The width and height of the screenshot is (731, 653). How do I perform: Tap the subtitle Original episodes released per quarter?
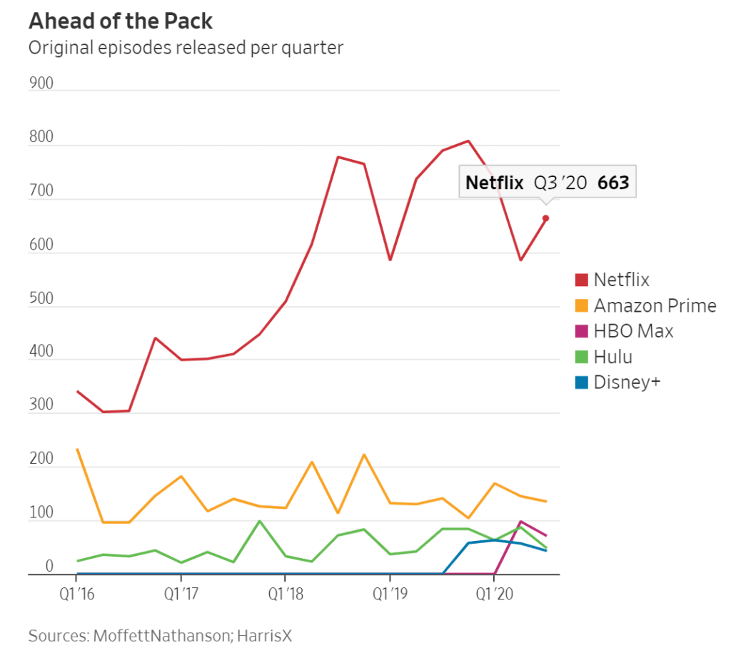pos(185,48)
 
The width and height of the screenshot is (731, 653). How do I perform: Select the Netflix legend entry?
pos(621,279)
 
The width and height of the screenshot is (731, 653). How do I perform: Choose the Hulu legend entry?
pos(612,357)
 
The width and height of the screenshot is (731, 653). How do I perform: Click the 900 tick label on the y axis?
pos(41,83)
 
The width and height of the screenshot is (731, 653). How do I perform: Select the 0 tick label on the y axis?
pos(49,567)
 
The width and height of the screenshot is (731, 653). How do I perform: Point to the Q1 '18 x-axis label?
pos(285,593)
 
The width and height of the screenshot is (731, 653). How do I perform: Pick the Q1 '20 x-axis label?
pos(493,593)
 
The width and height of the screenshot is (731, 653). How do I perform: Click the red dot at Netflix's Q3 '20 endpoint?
pos(545,218)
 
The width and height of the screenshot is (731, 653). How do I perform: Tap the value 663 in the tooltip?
pos(613,183)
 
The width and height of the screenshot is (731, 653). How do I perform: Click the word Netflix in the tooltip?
pos(495,183)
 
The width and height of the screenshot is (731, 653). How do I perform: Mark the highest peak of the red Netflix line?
pos(468,141)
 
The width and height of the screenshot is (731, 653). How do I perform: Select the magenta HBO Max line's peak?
pos(520,522)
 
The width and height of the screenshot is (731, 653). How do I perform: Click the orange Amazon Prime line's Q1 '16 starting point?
pos(77,449)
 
